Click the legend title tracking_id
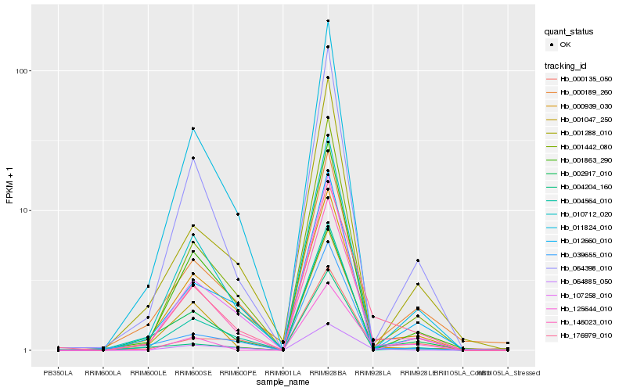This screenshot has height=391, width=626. [x=567, y=65]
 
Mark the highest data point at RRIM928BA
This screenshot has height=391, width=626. [x=328, y=21]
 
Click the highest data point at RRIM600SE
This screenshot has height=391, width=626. [x=192, y=128]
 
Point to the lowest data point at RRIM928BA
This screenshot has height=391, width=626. [x=328, y=324]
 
